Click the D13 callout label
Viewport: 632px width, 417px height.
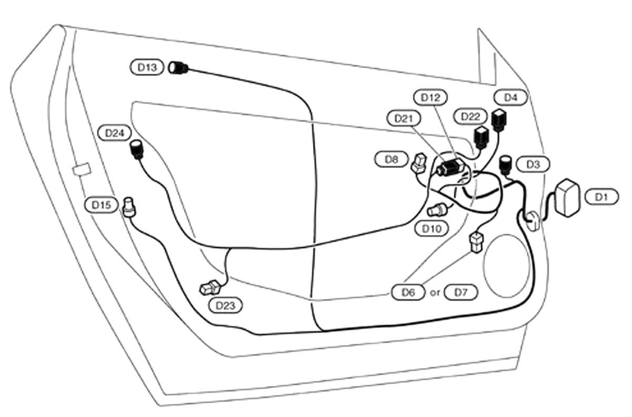(147, 67)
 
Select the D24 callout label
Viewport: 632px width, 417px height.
(114, 133)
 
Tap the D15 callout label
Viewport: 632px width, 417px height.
(101, 205)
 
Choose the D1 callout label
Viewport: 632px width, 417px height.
(601, 196)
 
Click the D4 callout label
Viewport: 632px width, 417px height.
(511, 97)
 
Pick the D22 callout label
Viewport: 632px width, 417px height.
(470, 116)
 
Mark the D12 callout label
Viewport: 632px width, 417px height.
(430, 97)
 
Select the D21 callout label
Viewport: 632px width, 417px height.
(403, 118)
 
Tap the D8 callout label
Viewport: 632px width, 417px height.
(391, 159)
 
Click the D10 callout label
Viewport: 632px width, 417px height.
(432, 229)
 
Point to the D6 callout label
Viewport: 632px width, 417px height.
(408, 292)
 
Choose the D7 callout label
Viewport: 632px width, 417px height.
(461, 292)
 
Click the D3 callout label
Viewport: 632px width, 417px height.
(533, 164)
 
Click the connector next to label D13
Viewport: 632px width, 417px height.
(179, 68)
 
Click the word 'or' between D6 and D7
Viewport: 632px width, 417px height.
(434, 292)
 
